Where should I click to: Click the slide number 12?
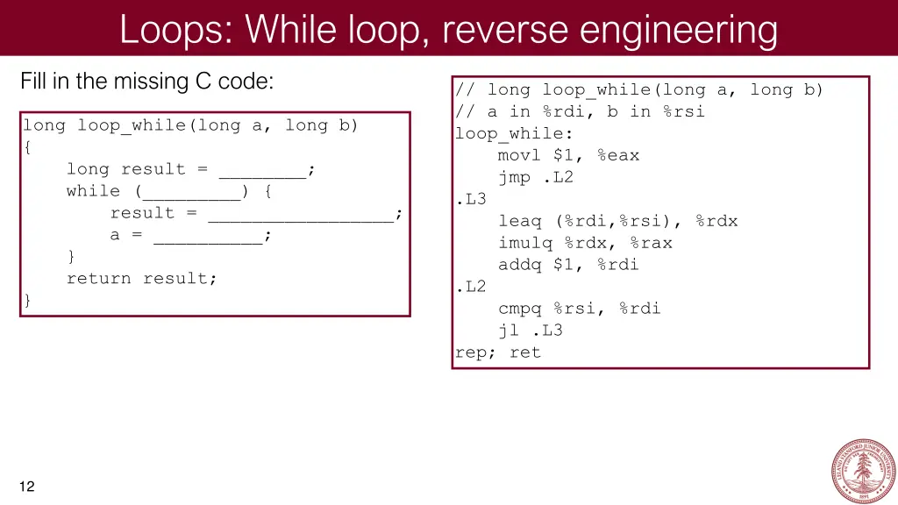coord(27,487)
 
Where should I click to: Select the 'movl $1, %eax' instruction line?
coord(568,155)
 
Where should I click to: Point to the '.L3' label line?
coord(471,199)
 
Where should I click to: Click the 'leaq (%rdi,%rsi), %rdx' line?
coord(618,221)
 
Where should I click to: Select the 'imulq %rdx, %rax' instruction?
coord(585,243)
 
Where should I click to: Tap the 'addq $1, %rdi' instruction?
coord(568,265)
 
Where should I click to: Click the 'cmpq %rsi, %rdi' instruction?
coord(580,309)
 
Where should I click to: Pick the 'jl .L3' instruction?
coord(531,331)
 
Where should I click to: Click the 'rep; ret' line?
coord(498,352)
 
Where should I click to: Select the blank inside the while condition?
coord(191,192)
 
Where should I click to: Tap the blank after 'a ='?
coord(208,236)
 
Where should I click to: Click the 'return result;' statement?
coord(141,279)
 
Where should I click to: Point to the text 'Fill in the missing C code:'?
coord(147,82)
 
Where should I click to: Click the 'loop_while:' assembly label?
coord(514,133)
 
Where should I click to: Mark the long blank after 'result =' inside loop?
coord(300,214)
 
